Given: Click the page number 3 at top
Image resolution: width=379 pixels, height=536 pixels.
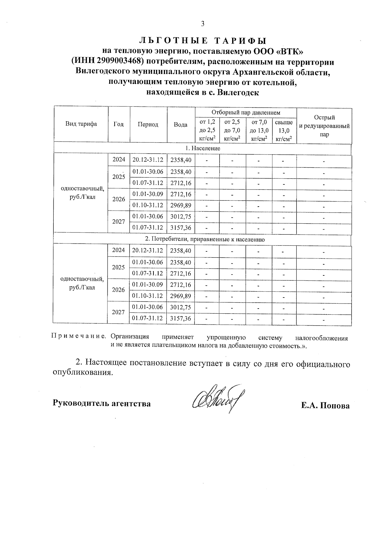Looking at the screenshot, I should pyautogui.click(x=203, y=24).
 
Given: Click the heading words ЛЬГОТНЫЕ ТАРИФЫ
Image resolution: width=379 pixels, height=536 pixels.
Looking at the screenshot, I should pyautogui.click(x=203, y=41).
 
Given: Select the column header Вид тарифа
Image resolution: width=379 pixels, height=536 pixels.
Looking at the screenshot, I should pyautogui.click(x=81, y=124).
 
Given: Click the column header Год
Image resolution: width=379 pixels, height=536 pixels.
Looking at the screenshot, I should pyautogui.click(x=118, y=124).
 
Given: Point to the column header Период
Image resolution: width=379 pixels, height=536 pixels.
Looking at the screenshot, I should pyautogui.click(x=148, y=124).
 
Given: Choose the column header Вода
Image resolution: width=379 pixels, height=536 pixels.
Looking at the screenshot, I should pyautogui.click(x=181, y=124).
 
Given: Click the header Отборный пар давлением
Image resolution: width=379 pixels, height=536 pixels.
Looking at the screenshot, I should pyautogui.click(x=246, y=112).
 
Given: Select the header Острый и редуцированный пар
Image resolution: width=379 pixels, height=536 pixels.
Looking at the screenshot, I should pyautogui.click(x=324, y=126).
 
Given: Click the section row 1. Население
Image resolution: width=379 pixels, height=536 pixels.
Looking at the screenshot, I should pyautogui.click(x=202, y=148).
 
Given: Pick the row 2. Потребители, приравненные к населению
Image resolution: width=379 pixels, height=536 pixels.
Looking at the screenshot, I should pyautogui.click(x=202, y=239).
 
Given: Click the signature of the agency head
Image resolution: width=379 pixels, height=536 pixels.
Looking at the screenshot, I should pyautogui.click(x=218, y=399).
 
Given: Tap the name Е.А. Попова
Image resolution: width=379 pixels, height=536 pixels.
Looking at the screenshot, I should pyautogui.click(x=325, y=406).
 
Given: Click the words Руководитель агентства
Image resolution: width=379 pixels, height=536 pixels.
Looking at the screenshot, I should pyautogui.click(x=101, y=403).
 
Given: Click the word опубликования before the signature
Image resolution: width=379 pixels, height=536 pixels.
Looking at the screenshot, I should pyautogui.click(x=82, y=373).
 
